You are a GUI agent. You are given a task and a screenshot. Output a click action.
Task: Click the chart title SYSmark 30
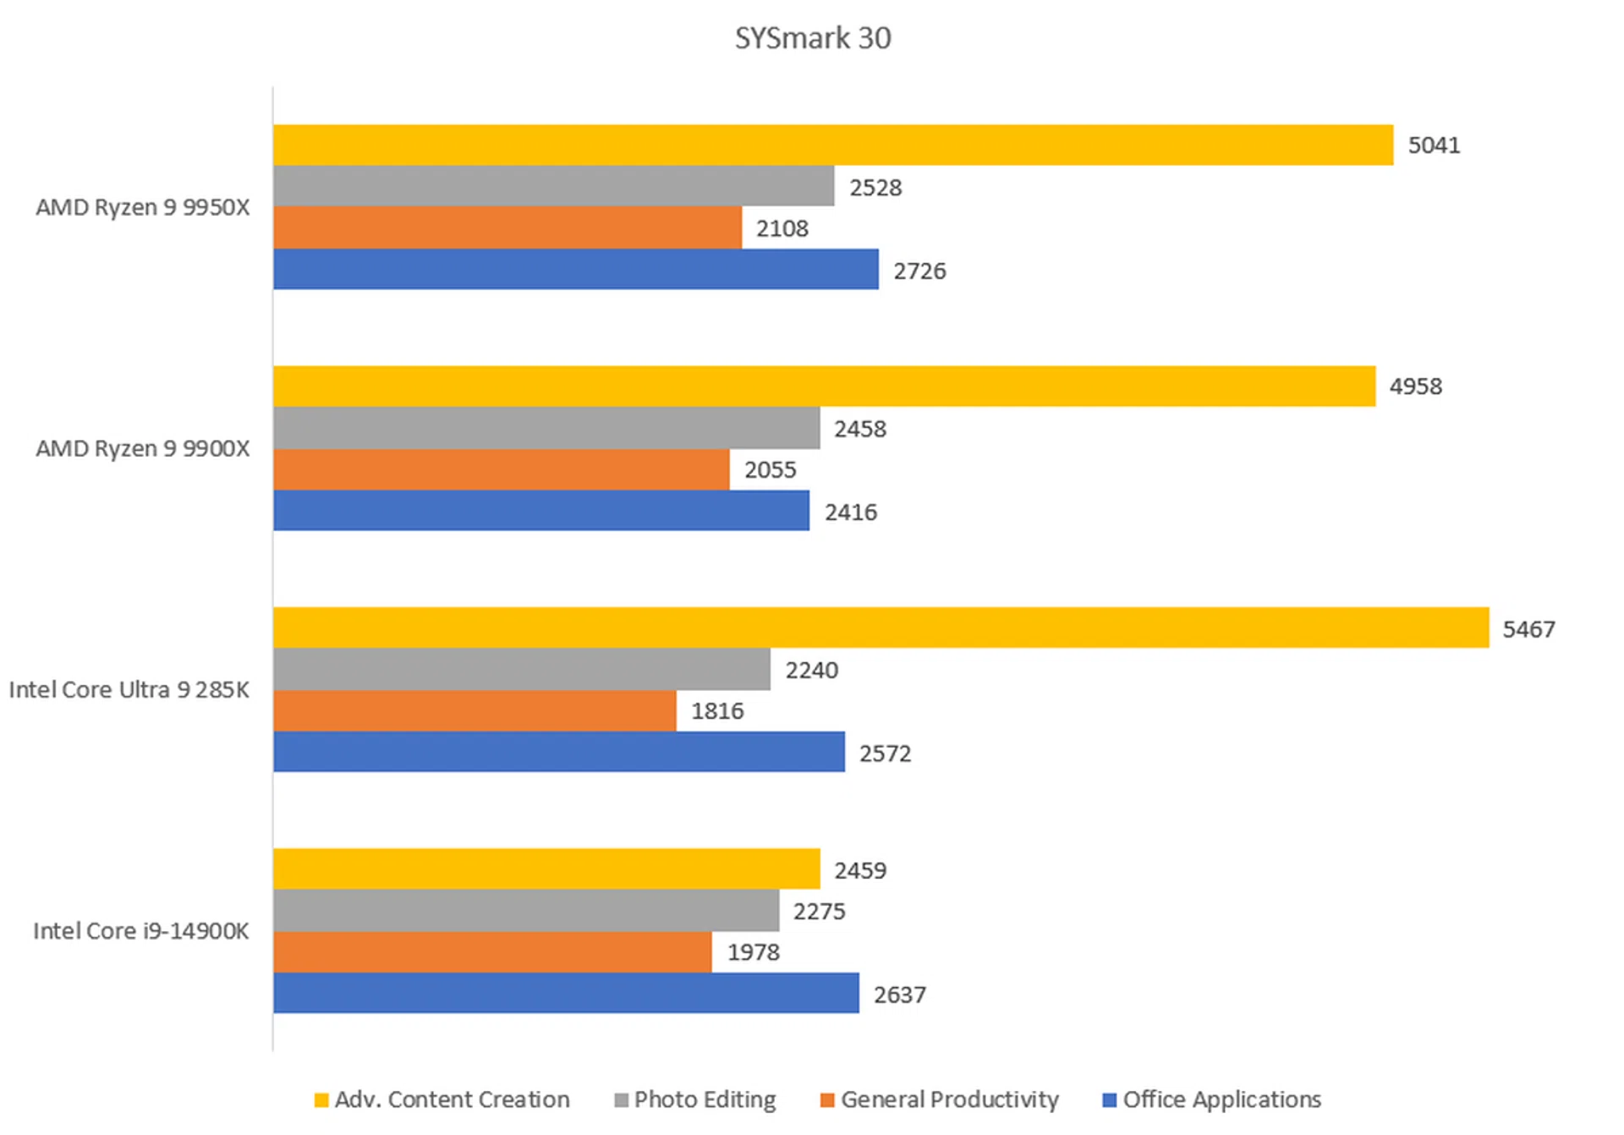click(812, 38)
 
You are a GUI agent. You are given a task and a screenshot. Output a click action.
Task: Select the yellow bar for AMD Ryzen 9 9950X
click(832, 145)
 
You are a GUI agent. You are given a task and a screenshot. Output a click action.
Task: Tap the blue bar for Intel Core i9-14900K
click(566, 993)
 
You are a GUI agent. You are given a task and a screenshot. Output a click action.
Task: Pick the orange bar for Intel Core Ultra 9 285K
click(475, 710)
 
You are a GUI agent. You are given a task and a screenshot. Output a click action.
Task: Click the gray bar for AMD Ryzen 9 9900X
click(546, 428)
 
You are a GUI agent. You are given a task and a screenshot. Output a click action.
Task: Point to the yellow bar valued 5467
click(881, 628)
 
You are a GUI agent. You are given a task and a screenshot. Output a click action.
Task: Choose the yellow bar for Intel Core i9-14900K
click(546, 869)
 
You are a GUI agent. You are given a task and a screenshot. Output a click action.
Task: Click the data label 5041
click(1434, 145)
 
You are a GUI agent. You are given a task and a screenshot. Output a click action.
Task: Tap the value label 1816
click(717, 711)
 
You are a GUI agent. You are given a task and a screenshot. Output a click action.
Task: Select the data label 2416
click(851, 513)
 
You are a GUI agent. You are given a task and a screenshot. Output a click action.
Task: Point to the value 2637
click(899, 995)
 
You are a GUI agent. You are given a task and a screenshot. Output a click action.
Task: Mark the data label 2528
click(875, 188)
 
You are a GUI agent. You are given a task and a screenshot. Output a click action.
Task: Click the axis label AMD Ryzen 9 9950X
click(143, 207)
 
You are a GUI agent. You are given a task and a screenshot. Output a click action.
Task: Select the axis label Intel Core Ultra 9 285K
click(129, 690)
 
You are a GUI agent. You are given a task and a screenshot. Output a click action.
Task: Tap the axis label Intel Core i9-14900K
click(141, 931)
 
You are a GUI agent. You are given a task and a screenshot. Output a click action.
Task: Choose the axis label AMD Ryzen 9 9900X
click(143, 448)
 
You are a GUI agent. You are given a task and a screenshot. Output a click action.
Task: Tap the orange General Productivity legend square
click(827, 1100)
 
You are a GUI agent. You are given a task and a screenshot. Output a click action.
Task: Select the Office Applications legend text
click(1221, 1099)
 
